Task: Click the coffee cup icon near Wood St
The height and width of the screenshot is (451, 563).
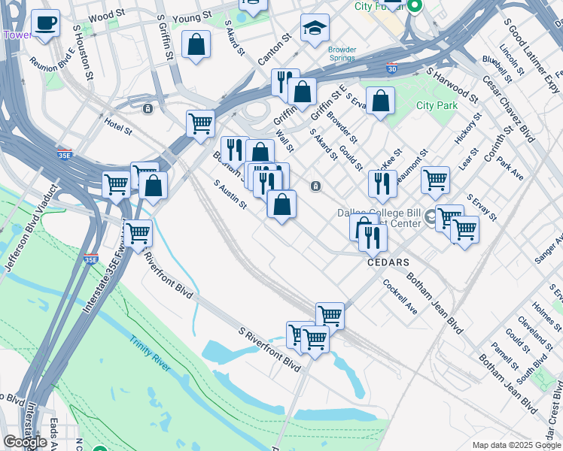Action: click(x=45, y=23)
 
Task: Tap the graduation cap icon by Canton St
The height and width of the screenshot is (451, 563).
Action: click(x=315, y=29)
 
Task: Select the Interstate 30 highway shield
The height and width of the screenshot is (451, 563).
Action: click(x=391, y=68)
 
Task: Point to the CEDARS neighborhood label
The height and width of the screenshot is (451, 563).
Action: click(x=388, y=262)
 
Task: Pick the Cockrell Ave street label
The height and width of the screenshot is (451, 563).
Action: click(x=400, y=297)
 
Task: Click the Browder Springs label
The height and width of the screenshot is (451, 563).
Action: click(x=342, y=54)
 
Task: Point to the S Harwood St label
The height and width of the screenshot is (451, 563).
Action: click(x=452, y=86)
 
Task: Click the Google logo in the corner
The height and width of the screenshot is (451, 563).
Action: click(x=25, y=442)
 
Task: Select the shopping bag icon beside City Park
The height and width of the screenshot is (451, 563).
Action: click(x=381, y=101)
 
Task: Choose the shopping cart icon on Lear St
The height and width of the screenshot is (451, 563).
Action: click(x=435, y=180)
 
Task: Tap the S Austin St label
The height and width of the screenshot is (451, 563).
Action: click(x=230, y=194)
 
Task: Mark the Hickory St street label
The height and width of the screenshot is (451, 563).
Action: click(x=467, y=129)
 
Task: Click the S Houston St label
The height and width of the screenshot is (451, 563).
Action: click(x=83, y=52)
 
